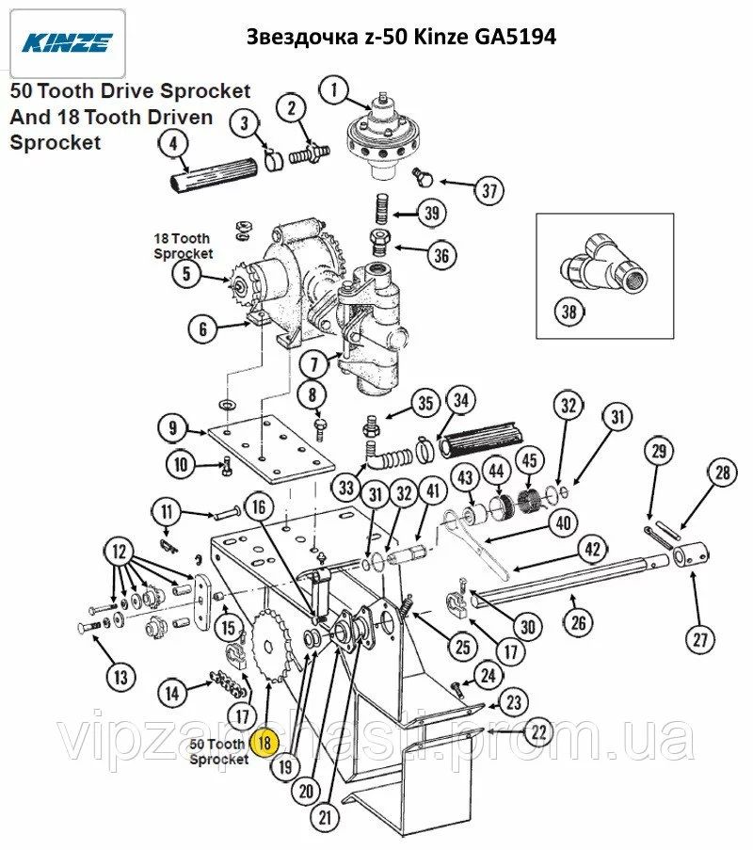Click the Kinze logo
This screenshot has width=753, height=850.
click(x=64, y=42)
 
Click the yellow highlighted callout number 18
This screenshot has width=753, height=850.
click(x=264, y=742)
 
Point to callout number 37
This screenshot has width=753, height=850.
click(x=489, y=192)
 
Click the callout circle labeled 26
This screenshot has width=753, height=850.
click(x=579, y=621)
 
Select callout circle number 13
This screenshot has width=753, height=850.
click(x=120, y=676)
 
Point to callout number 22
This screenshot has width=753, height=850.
click(x=537, y=731)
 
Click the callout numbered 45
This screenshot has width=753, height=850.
click(x=529, y=460)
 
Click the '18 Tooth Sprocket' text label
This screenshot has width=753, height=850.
click(x=183, y=247)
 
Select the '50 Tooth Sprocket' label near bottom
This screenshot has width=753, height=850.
click(x=218, y=751)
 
